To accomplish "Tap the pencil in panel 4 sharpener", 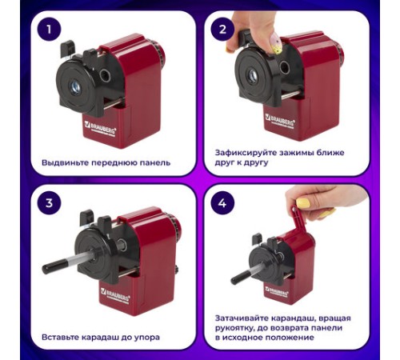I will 241,277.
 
